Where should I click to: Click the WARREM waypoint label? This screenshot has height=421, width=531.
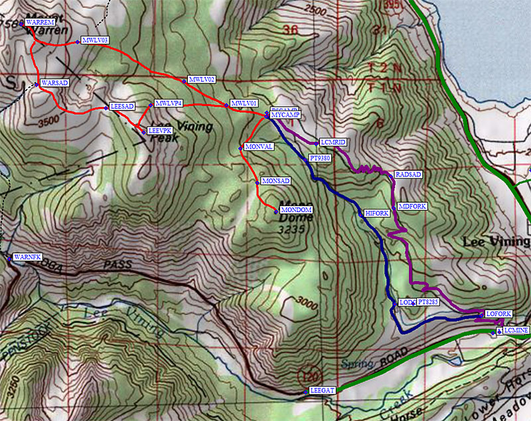39,23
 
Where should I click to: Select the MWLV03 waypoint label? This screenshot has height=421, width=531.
95,40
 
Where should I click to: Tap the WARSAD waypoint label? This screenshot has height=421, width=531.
54,83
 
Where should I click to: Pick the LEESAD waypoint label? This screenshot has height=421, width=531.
122,106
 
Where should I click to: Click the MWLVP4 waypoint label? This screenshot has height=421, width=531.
169,103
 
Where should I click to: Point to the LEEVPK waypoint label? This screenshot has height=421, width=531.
160,131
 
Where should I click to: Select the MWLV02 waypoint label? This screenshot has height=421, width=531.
202,79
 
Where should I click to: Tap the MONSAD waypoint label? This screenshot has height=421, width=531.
275,181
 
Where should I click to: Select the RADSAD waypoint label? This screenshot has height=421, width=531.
408,174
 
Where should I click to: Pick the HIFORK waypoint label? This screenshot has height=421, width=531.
377,213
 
